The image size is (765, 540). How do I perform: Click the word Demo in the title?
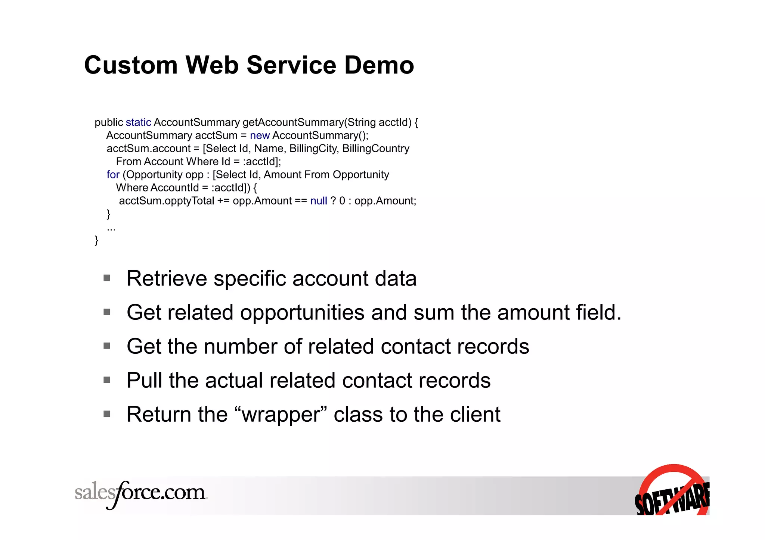coord(379,65)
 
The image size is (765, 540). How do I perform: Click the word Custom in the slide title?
coord(130,65)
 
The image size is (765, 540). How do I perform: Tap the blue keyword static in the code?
coord(138,122)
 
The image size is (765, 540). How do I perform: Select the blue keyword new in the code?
coord(260,135)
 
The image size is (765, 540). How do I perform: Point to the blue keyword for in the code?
coord(113,175)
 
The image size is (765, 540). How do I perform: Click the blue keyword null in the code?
coord(319,201)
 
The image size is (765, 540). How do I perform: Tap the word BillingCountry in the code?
coord(376,149)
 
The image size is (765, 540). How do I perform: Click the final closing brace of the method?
coord(96,240)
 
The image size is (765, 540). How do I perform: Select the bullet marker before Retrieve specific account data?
coord(107,278)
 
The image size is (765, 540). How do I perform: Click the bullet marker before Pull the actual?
coord(107,380)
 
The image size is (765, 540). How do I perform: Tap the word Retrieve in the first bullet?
coord(167,278)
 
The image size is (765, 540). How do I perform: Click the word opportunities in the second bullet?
coord(302,313)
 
